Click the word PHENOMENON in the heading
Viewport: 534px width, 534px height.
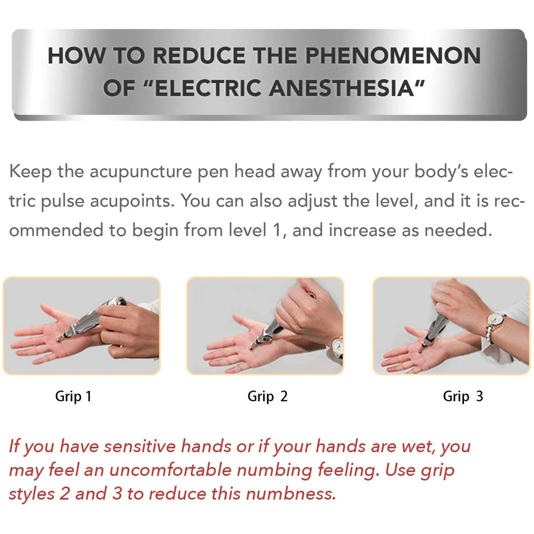(392, 56)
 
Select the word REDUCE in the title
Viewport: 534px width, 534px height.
(199, 56)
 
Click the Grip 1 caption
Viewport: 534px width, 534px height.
(73, 396)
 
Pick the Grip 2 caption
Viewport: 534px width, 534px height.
(268, 396)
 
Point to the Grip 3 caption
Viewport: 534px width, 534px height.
(463, 396)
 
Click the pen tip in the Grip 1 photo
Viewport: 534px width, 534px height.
(59, 339)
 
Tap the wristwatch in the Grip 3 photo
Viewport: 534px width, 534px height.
(494, 320)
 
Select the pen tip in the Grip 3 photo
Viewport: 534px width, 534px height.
(421, 348)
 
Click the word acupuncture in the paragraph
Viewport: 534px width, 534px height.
(140, 172)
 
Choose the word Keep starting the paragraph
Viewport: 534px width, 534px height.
(30, 171)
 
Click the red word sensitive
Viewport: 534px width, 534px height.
(139, 446)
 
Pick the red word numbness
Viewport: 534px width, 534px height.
(291, 494)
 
